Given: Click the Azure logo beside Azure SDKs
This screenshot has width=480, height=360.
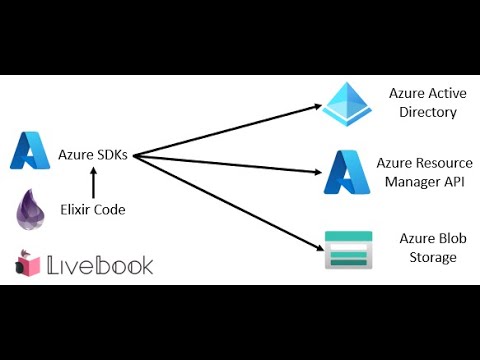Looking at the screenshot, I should [31, 152].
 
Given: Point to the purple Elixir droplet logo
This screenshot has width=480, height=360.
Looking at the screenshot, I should [32, 212].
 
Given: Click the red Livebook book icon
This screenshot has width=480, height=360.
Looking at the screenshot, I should [28, 264].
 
